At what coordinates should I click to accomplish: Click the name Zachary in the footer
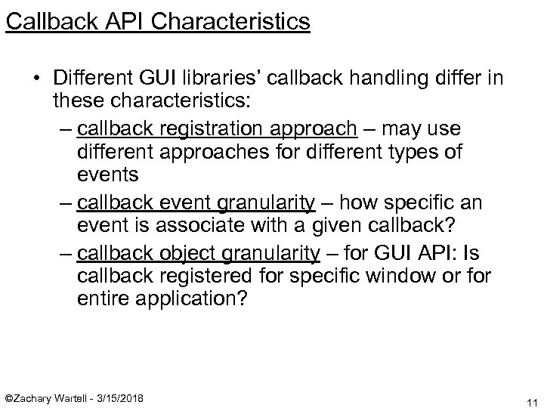point(40,397)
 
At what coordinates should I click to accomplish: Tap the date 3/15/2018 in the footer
point(120,397)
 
